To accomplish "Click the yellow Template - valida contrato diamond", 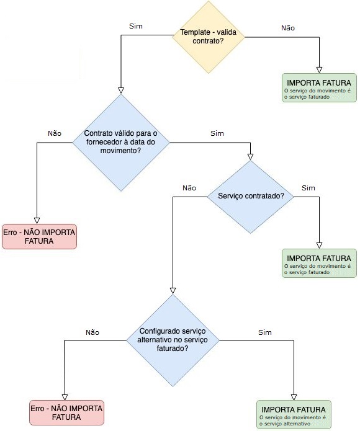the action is pyautogui.click(x=209, y=37).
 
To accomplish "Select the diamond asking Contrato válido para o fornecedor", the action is pyautogui.click(x=121, y=143).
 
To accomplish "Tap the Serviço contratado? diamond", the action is pyautogui.click(x=250, y=197).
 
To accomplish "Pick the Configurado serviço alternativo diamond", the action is pyautogui.click(x=173, y=340).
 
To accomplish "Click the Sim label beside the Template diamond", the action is pyautogui.click(x=136, y=26).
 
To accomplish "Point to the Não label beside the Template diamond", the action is pyautogui.click(x=288, y=28).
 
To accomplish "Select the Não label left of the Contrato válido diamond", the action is pyautogui.click(x=55, y=133).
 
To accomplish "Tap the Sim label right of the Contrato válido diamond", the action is pyautogui.click(x=217, y=133).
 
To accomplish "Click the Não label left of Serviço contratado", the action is pyautogui.click(x=189, y=188).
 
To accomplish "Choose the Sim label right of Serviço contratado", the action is pyautogui.click(x=308, y=188).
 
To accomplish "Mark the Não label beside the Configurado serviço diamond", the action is pyautogui.click(x=92, y=332).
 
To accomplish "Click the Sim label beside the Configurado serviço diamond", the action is pyautogui.click(x=265, y=332).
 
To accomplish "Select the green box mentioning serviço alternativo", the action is pyautogui.click(x=294, y=414).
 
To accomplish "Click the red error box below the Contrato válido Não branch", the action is pyautogui.click(x=39, y=237).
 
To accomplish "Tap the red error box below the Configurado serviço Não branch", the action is pyautogui.click(x=66, y=412).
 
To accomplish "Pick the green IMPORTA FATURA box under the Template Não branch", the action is pyautogui.click(x=319, y=87).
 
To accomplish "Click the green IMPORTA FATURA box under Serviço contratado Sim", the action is pyautogui.click(x=319, y=264).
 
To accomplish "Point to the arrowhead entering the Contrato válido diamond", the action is pyautogui.click(x=121, y=91).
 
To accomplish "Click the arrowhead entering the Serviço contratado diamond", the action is pyautogui.click(x=250, y=157).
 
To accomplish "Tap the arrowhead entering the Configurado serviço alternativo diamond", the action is pyautogui.click(x=173, y=291).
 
